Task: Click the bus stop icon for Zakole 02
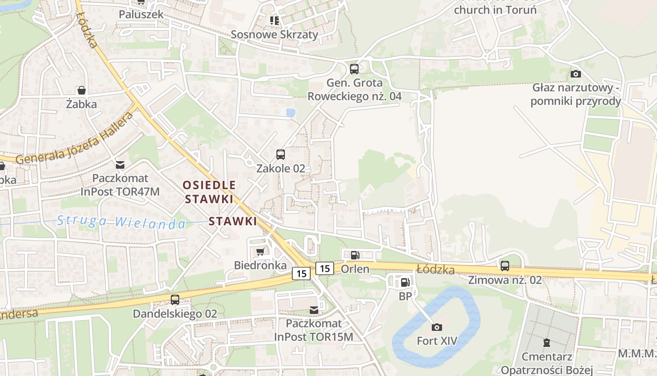(x=280, y=154)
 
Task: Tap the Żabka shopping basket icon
(x=82, y=90)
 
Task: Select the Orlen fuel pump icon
(x=355, y=255)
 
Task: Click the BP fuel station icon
(x=405, y=282)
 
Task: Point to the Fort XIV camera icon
(x=437, y=327)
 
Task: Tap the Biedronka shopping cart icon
(x=260, y=251)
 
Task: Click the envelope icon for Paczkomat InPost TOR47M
(x=120, y=164)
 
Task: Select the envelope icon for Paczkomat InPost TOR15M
(x=313, y=310)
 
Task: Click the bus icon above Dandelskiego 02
(x=175, y=299)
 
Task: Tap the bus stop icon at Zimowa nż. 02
(x=505, y=266)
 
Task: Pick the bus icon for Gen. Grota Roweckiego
(x=354, y=69)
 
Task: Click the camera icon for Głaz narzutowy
(x=576, y=74)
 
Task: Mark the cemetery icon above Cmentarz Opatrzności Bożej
(x=547, y=343)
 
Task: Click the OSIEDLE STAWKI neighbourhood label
(x=209, y=192)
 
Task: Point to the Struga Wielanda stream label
(x=121, y=221)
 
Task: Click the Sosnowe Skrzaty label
(x=275, y=34)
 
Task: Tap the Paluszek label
(x=141, y=14)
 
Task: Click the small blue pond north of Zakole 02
(x=291, y=113)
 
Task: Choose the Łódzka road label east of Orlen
(x=435, y=269)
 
